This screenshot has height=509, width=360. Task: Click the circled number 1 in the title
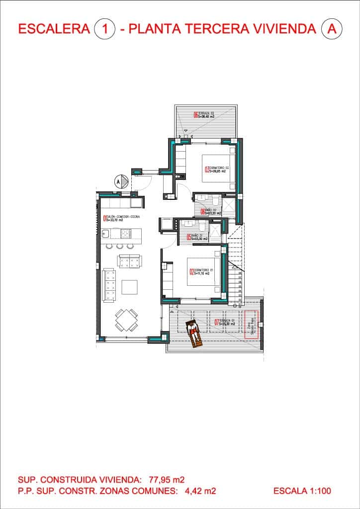[104, 29]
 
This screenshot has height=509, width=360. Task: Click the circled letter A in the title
[332, 29]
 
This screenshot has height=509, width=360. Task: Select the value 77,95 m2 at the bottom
[167, 480]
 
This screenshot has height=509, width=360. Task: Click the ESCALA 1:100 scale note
[302, 491]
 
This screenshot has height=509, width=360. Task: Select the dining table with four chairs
[126, 320]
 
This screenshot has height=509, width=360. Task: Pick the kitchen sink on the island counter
[105, 233]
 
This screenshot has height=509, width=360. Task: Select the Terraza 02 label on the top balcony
[204, 115]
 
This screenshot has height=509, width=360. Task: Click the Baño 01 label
[197, 237]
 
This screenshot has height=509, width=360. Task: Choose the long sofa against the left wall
[108, 285]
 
